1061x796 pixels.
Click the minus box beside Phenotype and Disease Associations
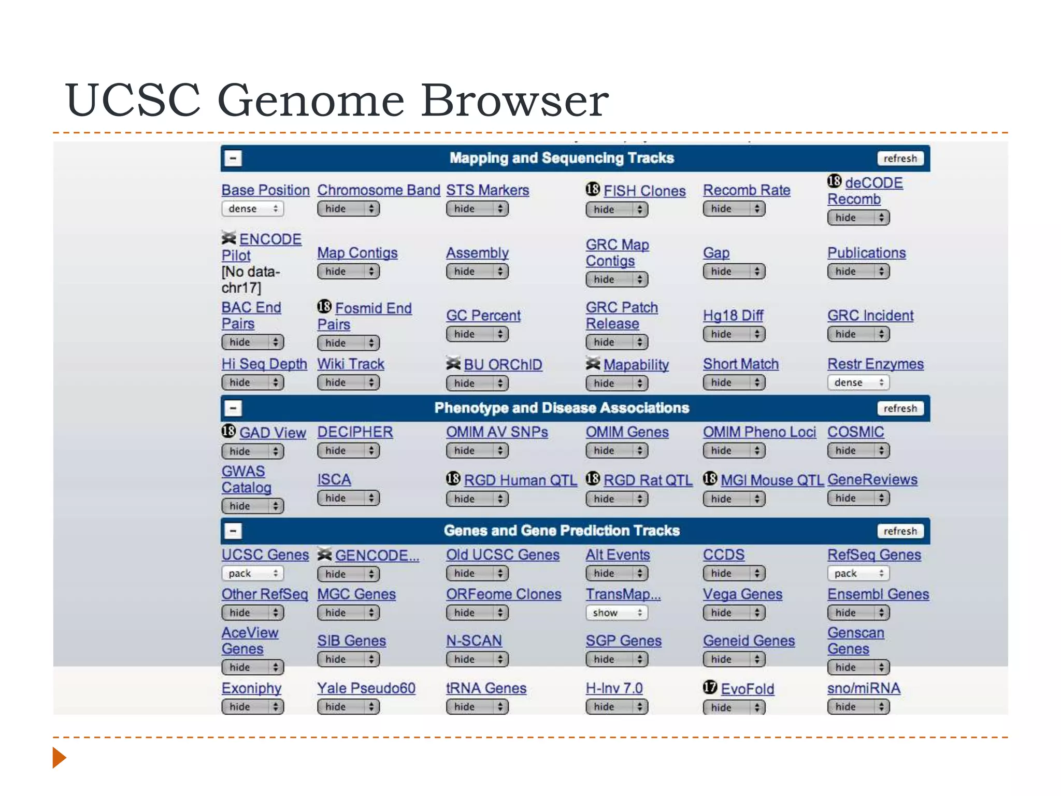(x=233, y=408)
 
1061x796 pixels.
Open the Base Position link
(x=265, y=190)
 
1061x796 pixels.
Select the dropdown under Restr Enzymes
(x=858, y=382)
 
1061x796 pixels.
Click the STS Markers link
(x=487, y=190)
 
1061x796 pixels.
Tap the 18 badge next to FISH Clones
(x=593, y=190)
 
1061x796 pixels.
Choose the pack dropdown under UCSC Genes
(x=253, y=573)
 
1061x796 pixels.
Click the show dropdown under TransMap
(x=616, y=613)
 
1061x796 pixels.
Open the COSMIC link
(x=855, y=432)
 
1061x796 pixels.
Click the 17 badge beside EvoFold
(x=710, y=688)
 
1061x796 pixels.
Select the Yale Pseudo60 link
(x=366, y=688)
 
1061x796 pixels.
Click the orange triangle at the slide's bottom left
(x=59, y=758)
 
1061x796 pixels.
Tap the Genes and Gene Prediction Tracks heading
(x=562, y=531)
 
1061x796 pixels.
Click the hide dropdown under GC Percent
(x=477, y=334)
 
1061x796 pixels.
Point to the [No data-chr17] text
(x=251, y=279)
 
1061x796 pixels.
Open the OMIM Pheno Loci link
(x=759, y=432)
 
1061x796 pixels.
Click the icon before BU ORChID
(x=453, y=364)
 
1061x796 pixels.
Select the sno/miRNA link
(x=864, y=688)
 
